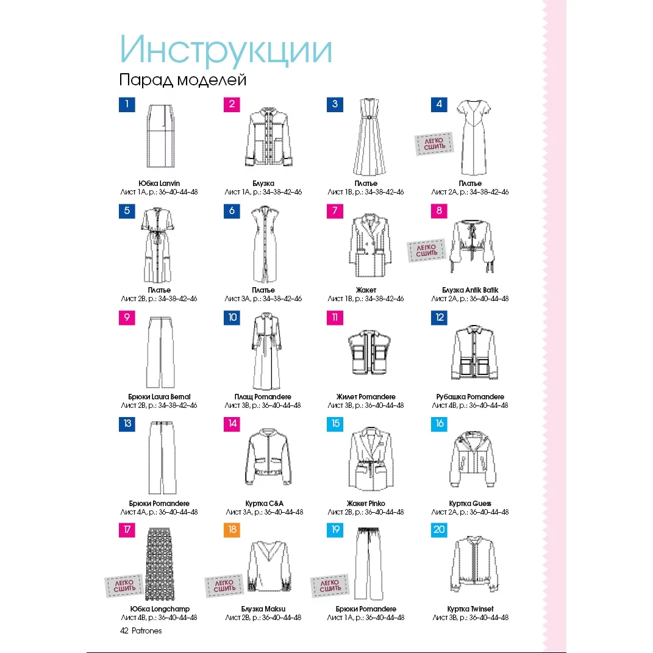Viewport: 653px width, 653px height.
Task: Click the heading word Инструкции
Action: (226, 50)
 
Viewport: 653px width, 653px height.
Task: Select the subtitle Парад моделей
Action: (183, 79)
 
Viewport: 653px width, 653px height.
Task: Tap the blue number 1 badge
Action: (127, 104)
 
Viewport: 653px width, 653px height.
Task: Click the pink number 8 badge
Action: (439, 211)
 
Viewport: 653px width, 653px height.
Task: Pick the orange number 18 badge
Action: (232, 530)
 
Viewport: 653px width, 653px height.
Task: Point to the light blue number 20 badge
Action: (439, 530)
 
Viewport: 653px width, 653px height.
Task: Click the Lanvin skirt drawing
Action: (160, 136)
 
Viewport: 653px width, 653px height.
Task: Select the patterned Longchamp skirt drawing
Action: (160, 563)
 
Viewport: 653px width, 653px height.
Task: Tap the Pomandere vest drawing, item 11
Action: (369, 352)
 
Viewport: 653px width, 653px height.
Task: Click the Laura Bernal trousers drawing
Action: (160, 352)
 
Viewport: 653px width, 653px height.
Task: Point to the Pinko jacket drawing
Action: (371, 459)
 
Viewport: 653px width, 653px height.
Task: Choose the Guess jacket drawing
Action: (473, 459)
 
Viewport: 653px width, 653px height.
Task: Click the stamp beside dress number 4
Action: (434, 144)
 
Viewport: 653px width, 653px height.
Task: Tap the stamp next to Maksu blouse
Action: (224, 585)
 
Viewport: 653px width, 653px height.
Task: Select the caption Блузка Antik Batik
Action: (470, 290)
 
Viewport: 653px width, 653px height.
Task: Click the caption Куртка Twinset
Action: (470, 609)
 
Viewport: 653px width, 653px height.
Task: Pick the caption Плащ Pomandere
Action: (263, 396)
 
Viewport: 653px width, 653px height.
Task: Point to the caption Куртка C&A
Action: (265, 504)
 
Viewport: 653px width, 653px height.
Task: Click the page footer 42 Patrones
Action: (141, 631)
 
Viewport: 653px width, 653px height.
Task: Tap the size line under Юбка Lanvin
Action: (159, 192)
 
